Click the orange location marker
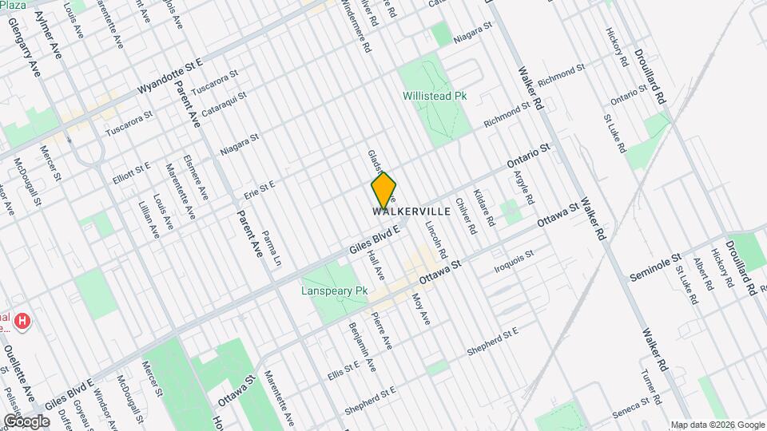383,190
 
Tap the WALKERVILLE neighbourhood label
411,212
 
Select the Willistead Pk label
435,96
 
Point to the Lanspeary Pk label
334,291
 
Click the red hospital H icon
23,321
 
